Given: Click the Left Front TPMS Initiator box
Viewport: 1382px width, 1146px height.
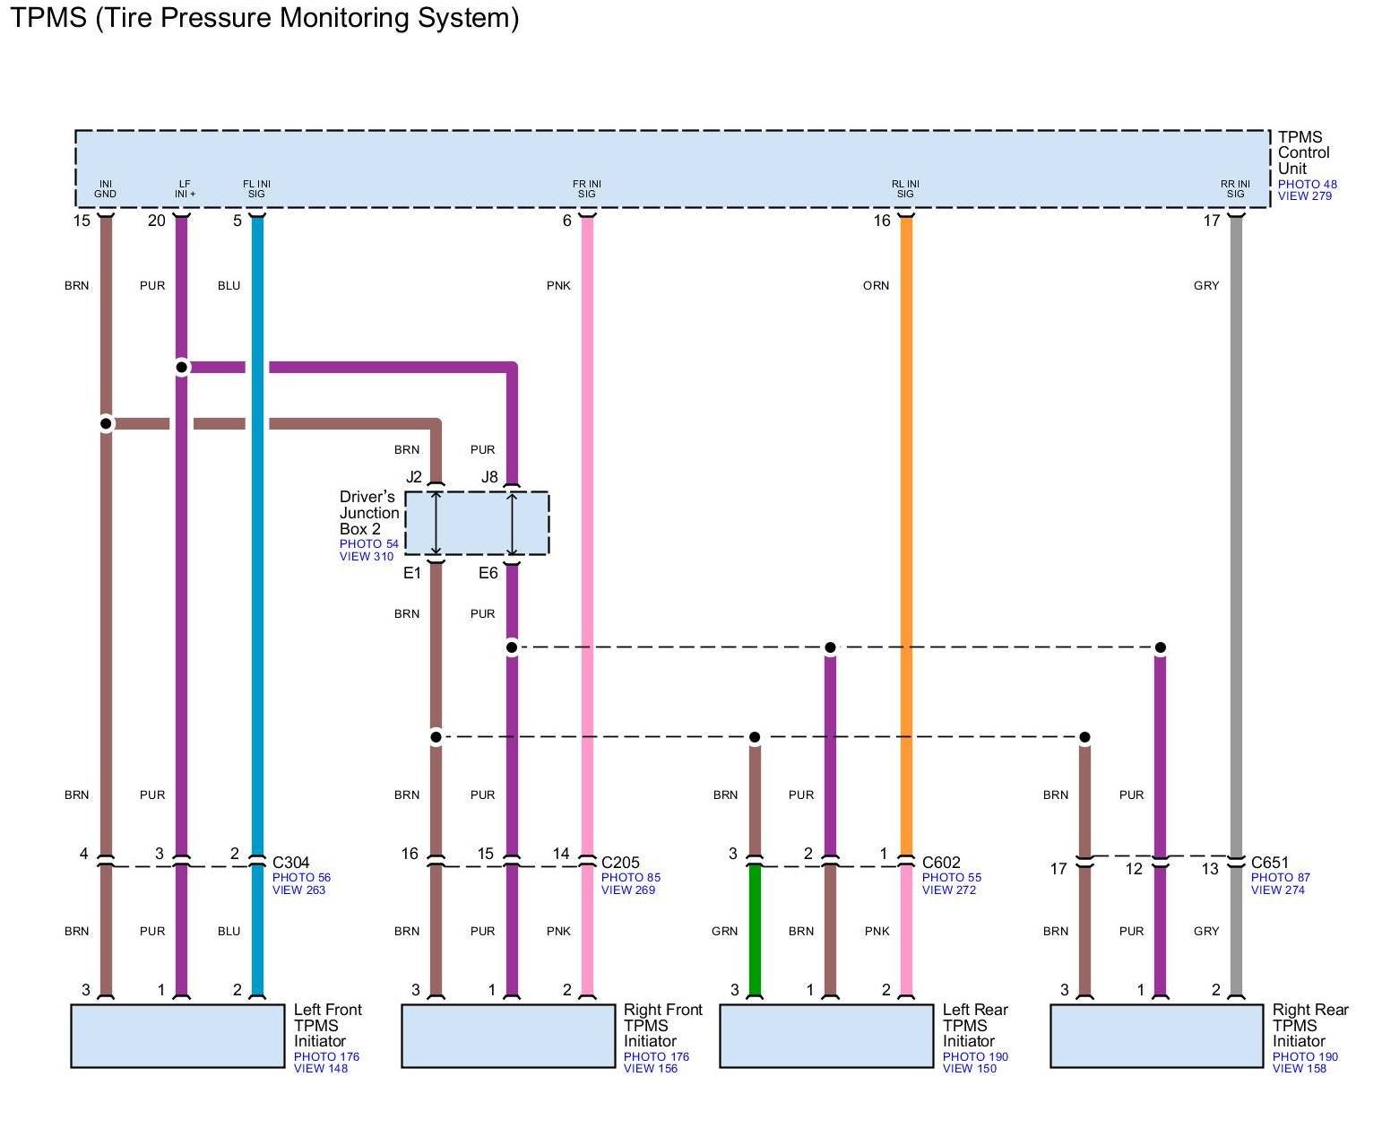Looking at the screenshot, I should coord(177,1036).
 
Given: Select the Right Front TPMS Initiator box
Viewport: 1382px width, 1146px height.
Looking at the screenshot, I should coord(508,1036).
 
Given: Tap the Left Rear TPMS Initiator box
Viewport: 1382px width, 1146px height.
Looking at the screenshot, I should coord(826,1036).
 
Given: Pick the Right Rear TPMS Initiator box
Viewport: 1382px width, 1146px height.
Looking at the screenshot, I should coord(1156,1036).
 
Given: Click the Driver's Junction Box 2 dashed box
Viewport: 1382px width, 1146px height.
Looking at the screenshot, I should coord(477,523).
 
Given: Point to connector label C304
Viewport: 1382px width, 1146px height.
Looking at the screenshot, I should coord(291,864).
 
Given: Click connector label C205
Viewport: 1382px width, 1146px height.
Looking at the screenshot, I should coord(620,864).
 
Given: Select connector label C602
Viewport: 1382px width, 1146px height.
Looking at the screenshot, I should coord(941,864).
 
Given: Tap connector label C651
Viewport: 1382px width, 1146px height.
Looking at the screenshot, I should coord(1270,864).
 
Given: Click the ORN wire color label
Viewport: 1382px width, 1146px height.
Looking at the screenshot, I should coord(876,286).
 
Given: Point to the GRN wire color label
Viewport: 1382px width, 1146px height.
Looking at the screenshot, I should coord(724,932).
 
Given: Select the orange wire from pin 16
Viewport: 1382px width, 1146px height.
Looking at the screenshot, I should coord(906,538).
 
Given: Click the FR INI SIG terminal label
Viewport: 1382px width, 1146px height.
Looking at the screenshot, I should coord(587,189).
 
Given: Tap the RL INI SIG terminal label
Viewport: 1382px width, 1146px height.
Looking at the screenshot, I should coord(905,189).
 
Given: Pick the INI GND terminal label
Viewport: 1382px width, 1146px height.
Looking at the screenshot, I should coord(106,189).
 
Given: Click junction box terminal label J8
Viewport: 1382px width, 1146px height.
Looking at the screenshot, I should coord(489,477).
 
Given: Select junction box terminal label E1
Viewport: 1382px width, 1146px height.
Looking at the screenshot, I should coord(412,573).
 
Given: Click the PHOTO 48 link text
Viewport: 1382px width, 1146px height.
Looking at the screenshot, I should coord(1307,185).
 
